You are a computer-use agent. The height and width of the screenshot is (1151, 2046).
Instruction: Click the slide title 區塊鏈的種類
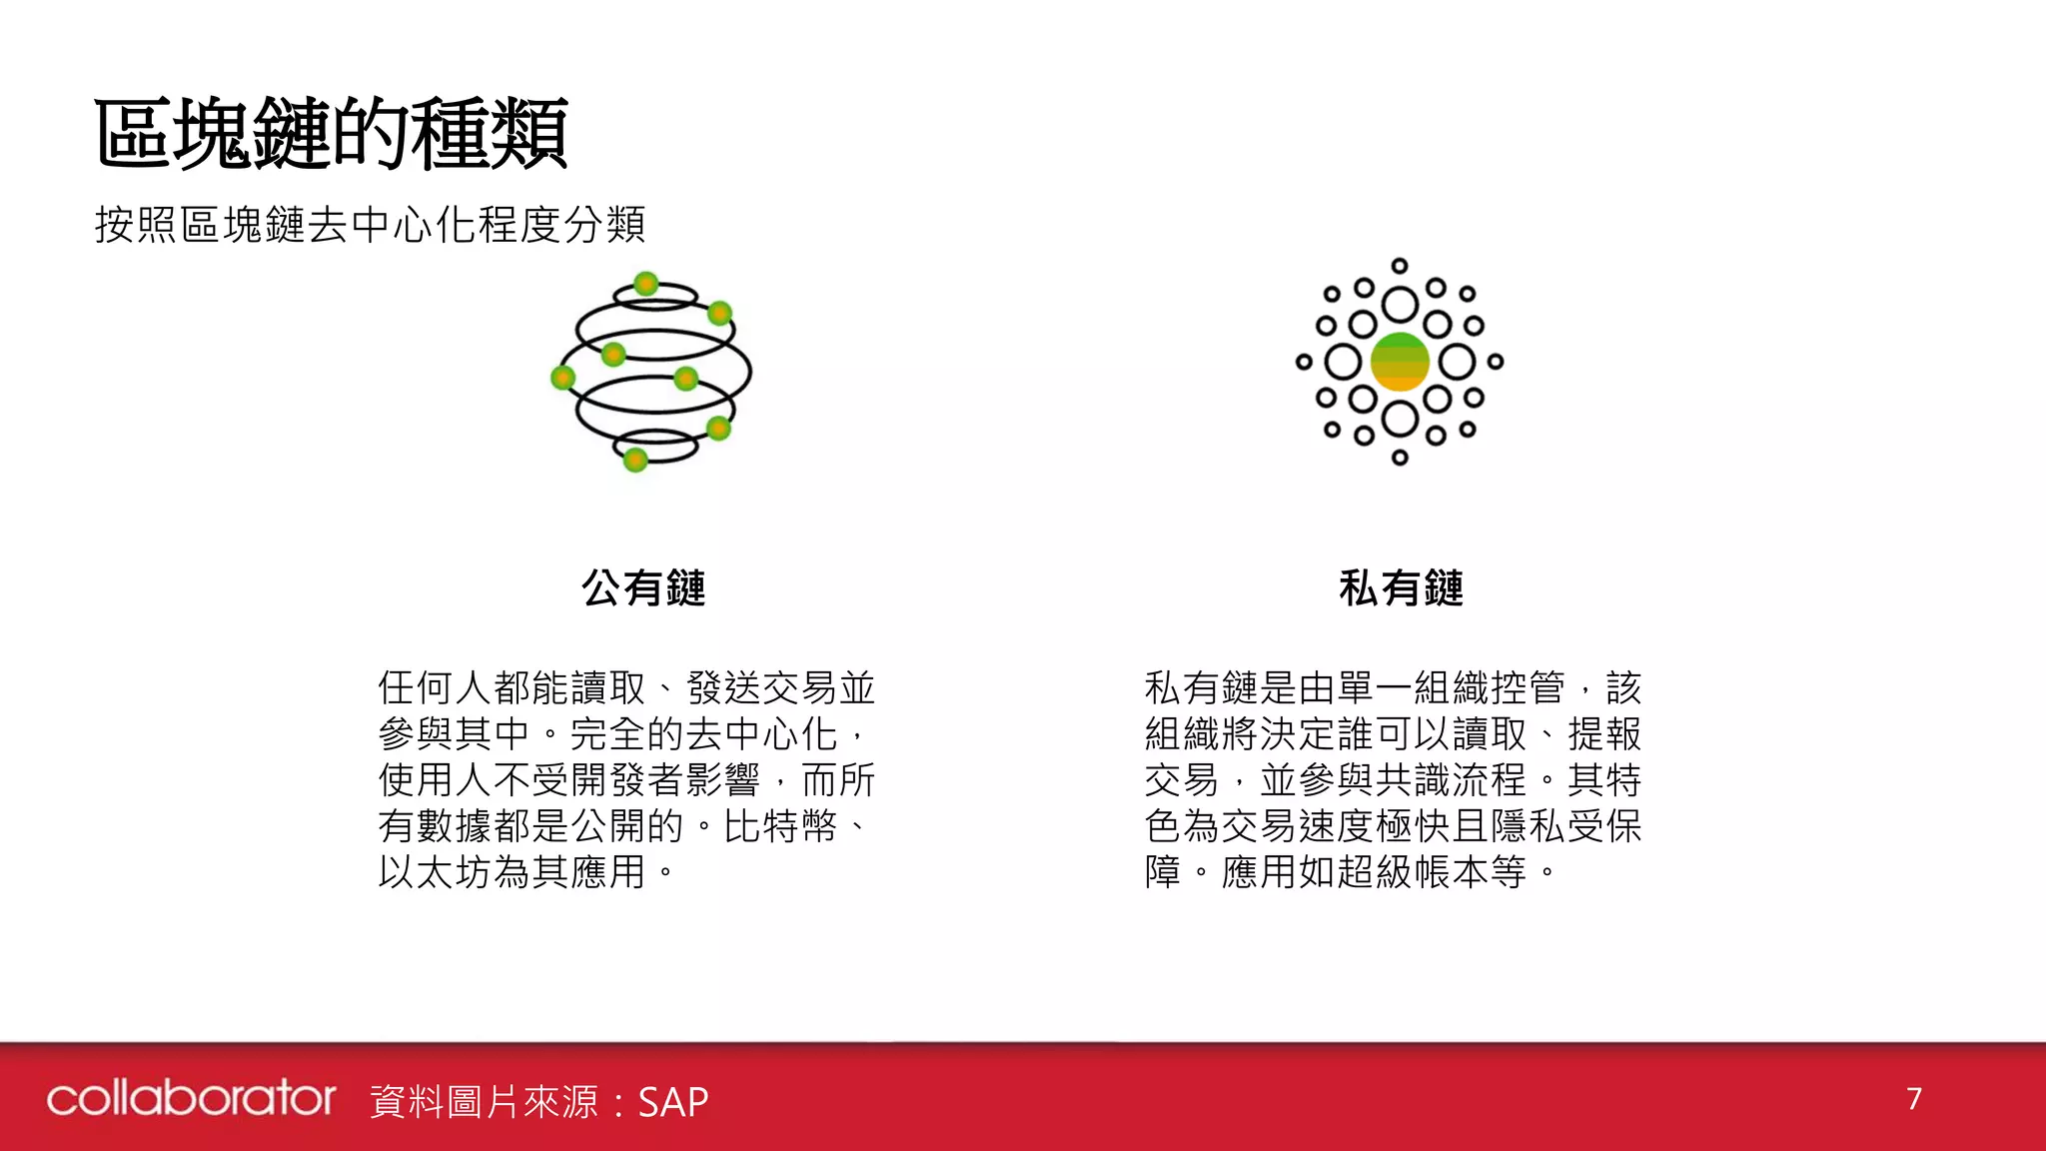point(331,133)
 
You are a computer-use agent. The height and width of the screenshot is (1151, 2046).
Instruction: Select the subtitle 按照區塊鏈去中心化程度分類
point(370,225)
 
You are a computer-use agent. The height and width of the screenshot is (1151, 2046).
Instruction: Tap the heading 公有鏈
point(643,587)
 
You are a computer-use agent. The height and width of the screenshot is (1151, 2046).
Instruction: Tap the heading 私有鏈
point(1401,587)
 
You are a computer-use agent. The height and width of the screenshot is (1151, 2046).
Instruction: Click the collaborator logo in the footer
point(191,1098)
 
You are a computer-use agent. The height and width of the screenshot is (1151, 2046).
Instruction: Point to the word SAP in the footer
point(672,1102)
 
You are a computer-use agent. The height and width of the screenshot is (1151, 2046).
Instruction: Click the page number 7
point(1913,1099)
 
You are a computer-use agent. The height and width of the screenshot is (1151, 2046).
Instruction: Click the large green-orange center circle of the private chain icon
point(1399,362)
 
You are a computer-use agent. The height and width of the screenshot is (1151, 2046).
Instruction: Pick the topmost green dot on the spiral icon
point(646,283)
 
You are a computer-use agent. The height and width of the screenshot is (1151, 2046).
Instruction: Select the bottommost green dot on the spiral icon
point(635,460)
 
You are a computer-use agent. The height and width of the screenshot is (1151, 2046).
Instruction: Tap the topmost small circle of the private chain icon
point(1400,266)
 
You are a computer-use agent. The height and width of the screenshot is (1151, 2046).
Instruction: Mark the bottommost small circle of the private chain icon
point(1400,458)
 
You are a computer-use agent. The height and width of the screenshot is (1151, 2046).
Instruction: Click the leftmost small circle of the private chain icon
point(1304,362)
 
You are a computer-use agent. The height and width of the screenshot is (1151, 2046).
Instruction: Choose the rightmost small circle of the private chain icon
point(1496,362)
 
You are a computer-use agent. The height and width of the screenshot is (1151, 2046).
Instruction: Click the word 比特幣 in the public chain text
point(780,826)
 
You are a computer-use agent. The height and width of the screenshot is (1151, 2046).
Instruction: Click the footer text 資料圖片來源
point(485,1102)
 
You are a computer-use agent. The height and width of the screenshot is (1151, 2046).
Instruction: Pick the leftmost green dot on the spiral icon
point(563,377)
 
